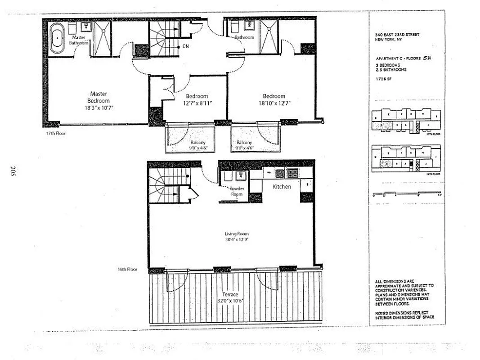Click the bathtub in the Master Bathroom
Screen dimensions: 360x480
pos(58,39)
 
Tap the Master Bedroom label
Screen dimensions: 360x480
pos(98,97)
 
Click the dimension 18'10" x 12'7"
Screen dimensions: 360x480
pos(274,103)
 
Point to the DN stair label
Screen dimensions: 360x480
pos(186,46)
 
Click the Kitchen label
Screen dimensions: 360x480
pos(282,186)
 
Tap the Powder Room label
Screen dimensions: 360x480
pos(237,191)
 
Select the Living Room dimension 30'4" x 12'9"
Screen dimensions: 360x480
pos(237,240)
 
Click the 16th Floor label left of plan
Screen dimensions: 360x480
pos(127,270)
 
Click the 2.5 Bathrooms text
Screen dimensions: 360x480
pos(391,70)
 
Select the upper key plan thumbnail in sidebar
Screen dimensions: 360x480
pos(406,120)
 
